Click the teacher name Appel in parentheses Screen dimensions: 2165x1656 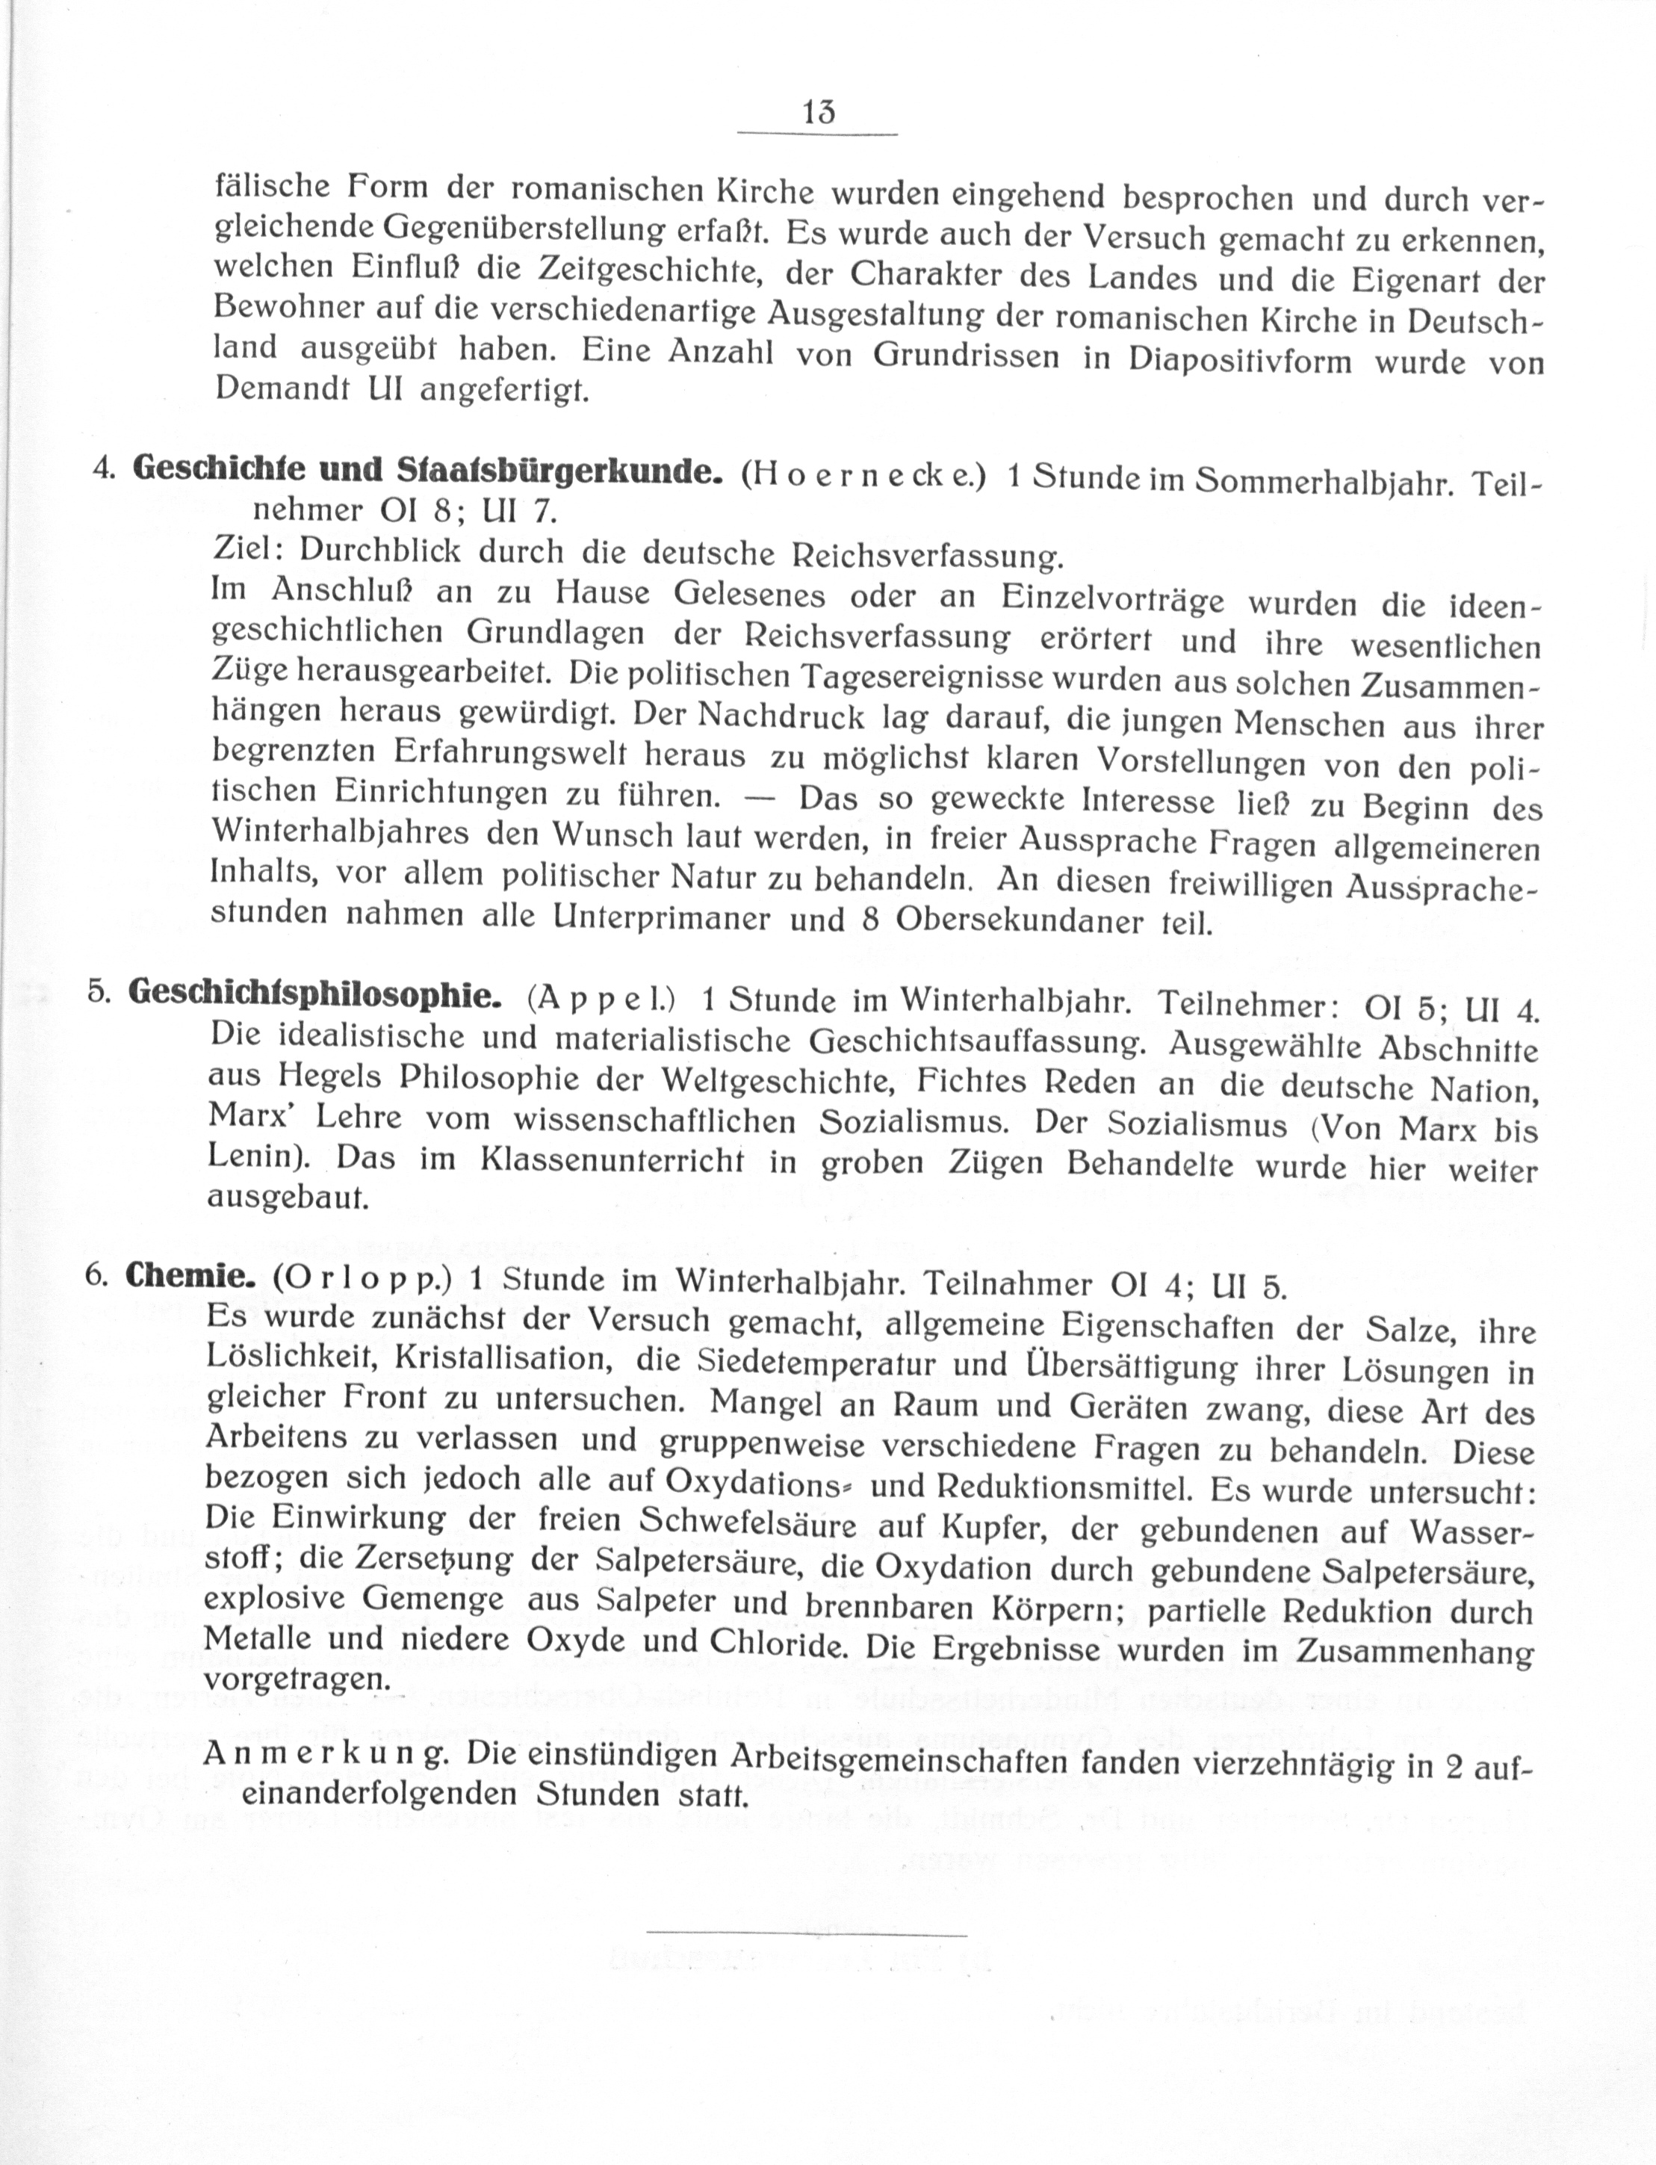(x=601, y=998)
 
